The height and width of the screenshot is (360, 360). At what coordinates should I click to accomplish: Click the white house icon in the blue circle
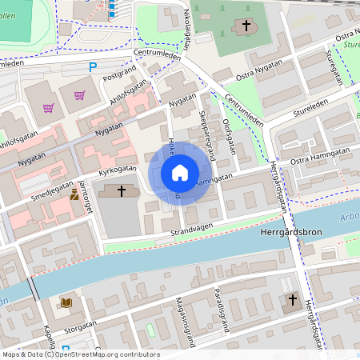[x=180, y=173]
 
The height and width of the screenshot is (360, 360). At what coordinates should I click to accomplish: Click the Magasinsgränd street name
[x=185, y=319]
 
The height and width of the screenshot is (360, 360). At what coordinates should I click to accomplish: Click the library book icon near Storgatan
[x=65, y=302]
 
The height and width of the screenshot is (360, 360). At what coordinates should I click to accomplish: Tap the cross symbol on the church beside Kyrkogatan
[x=122, y=190]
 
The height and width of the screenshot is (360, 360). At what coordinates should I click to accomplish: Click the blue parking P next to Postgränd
[x=94, y=68]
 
